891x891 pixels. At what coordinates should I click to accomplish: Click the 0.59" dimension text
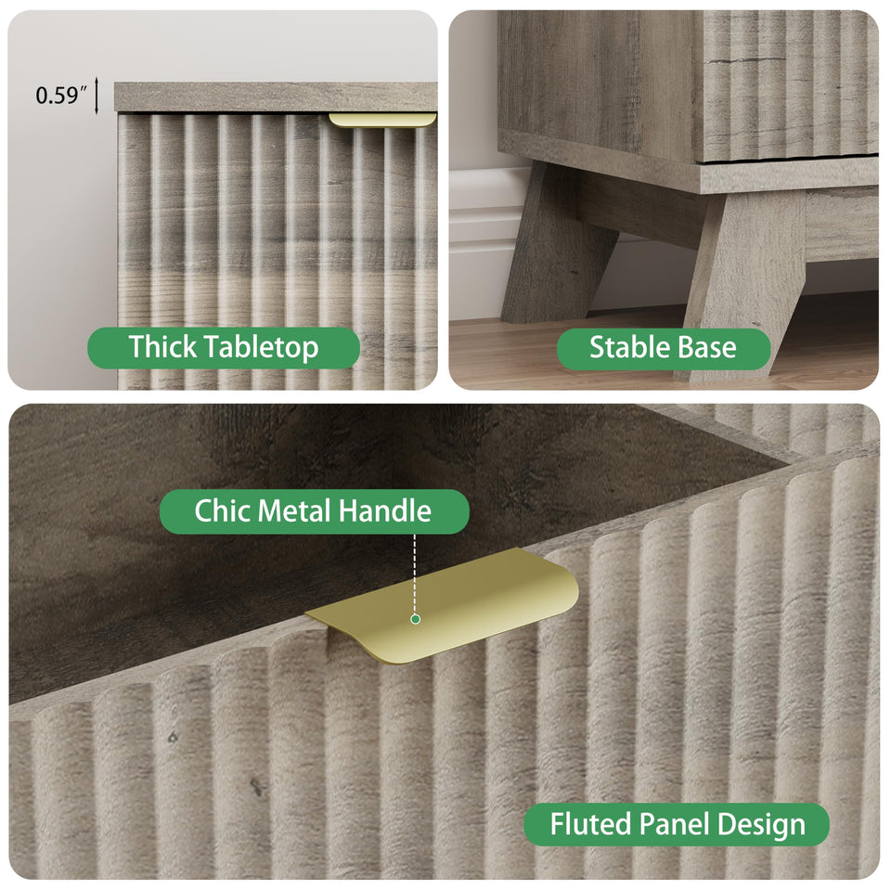pos(61,95)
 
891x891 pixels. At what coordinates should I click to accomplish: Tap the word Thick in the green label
pos(162,346)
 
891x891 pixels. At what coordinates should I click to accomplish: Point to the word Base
pos(708,347)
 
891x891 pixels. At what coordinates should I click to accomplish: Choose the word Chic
pos(223,510)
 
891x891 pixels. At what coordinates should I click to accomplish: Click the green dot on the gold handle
pos(416,619)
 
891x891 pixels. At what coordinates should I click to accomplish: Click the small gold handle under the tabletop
pos(382,120)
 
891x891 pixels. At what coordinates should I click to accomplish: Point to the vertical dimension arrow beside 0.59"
pos(97,96)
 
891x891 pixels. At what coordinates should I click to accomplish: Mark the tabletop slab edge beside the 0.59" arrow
pos(276,97)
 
